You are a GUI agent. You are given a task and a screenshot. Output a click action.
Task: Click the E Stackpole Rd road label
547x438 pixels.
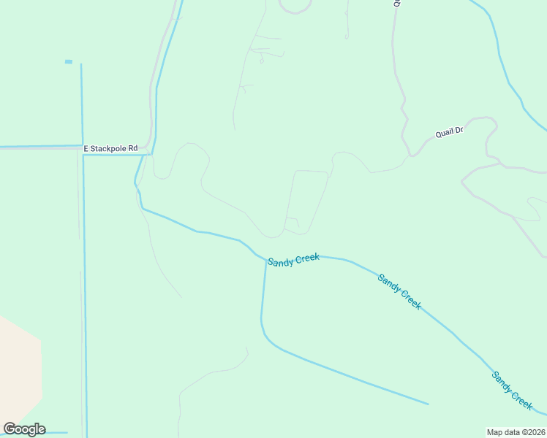pyautogui.click(x=110, y=148)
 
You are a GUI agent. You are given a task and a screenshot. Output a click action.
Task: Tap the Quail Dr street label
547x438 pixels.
pyautogui.click(x=449, y=132)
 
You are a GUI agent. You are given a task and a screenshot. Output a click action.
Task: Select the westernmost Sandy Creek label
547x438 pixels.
pyautogui.click(x=293, y=261)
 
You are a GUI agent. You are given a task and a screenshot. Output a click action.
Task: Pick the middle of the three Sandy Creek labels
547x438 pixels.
pyautogui.click(x=399, y=291)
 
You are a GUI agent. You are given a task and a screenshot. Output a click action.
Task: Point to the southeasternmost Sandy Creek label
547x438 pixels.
pyautogui.click(x=512, y=390)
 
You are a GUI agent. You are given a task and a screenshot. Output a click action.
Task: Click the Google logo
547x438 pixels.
pyautogui.click(x=24, y=429)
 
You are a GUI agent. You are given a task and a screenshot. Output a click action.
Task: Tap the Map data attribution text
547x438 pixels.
pyautogui.click(x=516, y=431)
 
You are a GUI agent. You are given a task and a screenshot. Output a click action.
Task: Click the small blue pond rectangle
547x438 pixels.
pyautogui.click(x=69, y=61)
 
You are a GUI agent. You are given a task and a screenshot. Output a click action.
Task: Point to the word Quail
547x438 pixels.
pyautogui.click(x=444, y=134)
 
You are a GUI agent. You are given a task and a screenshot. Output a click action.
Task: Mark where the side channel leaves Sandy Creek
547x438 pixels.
pyautogui.click(x=266, y=259)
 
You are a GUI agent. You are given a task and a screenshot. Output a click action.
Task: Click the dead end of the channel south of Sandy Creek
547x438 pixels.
pyautogui.click(x=428, y=404)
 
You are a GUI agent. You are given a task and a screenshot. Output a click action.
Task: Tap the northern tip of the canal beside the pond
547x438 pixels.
pyautogui.click(x=81, y=64)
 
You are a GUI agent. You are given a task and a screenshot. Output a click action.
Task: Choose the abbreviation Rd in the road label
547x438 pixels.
pyautogui.click(x=133, y=148)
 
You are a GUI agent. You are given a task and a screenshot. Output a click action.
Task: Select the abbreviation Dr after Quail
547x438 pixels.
pyautogui.click(x=459, y=130)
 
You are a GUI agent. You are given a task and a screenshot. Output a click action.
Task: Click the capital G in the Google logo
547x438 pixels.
pyautogui.click(x=10, y=429)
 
